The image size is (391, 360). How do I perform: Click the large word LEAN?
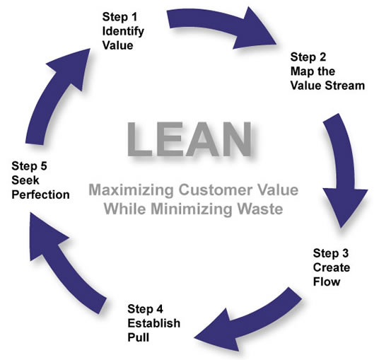point(189,139)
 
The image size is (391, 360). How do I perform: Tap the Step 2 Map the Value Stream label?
point(325,71)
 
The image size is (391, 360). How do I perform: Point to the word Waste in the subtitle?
point(264,209)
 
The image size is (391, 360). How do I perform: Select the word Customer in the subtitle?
point(210,191)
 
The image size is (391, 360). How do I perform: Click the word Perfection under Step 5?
point(40,192)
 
